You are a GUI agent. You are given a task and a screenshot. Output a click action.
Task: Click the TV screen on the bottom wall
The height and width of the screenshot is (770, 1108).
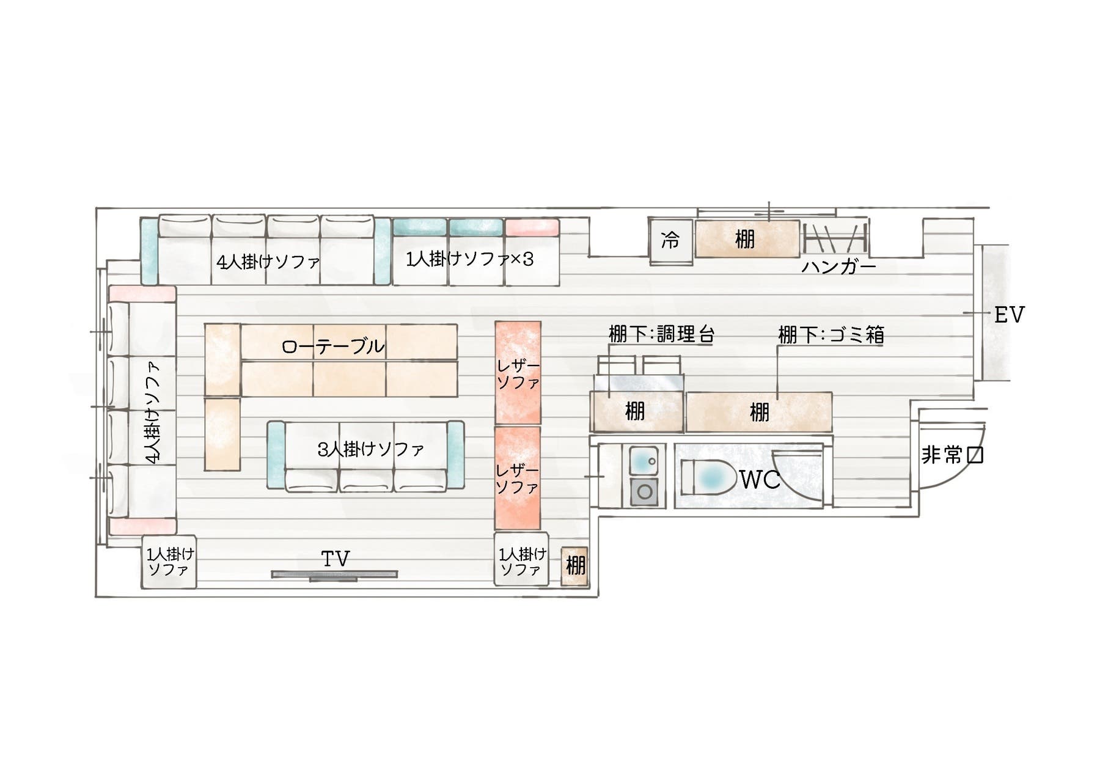(334, 574)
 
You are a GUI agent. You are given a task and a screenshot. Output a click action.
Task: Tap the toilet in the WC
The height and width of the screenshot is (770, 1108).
(709, 477)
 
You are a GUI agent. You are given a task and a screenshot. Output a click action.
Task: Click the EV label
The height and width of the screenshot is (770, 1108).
(1009, 315)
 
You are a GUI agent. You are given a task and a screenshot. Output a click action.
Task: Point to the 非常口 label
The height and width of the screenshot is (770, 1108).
(952, 455)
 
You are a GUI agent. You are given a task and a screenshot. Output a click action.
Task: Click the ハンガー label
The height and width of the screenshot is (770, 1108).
(839, 267)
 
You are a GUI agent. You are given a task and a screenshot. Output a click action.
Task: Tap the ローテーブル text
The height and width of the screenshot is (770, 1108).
(333, 346)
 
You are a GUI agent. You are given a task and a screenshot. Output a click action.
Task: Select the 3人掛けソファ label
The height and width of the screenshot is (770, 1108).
(371, 450)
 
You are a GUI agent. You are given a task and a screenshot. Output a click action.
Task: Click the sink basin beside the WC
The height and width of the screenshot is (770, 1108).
(644, 458)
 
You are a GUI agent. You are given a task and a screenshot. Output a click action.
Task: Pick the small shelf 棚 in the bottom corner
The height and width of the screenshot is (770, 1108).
(574, 565)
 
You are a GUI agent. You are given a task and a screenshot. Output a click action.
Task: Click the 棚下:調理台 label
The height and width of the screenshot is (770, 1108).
(662, 334)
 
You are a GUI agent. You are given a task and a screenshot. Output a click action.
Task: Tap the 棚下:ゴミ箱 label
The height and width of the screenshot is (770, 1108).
(831, 334)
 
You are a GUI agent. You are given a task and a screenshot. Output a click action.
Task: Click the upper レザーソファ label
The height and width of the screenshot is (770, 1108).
(518, 374)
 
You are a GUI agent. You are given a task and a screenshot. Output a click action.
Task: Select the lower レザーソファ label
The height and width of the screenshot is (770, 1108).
(518, 479)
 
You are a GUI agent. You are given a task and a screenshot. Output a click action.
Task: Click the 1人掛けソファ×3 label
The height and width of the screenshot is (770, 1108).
(469, 259)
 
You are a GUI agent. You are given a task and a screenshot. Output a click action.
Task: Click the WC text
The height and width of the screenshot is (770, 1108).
(760, 480)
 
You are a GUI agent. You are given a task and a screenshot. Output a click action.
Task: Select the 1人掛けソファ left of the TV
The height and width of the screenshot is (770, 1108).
(169, 562)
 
